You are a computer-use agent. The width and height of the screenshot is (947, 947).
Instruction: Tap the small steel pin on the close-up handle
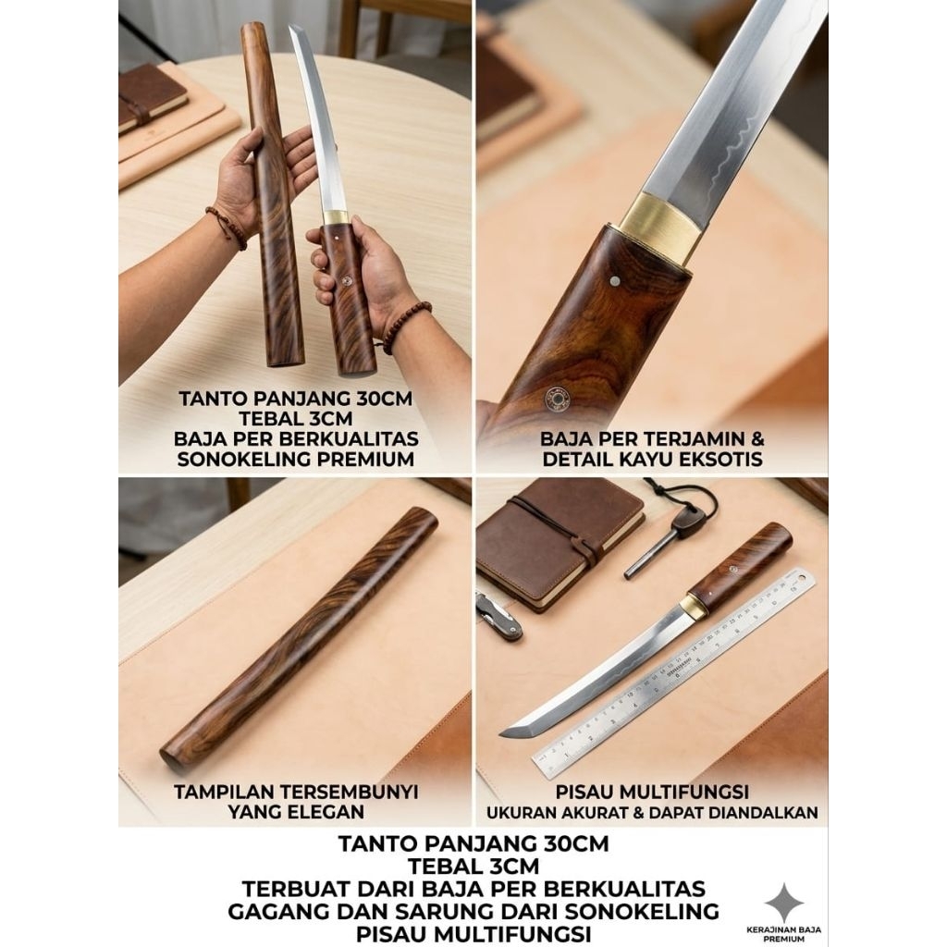pos(617,278)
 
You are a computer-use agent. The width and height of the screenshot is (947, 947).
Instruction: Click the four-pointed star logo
pos(783,902)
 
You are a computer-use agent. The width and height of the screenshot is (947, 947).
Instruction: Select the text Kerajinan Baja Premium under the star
pos(783,932)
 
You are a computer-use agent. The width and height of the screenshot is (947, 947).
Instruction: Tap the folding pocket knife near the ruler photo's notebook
pos(498,613)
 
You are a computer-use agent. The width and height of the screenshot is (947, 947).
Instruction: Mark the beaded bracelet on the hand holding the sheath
pos(226,228)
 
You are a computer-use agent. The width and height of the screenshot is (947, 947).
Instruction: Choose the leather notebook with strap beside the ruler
pos(560,541)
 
